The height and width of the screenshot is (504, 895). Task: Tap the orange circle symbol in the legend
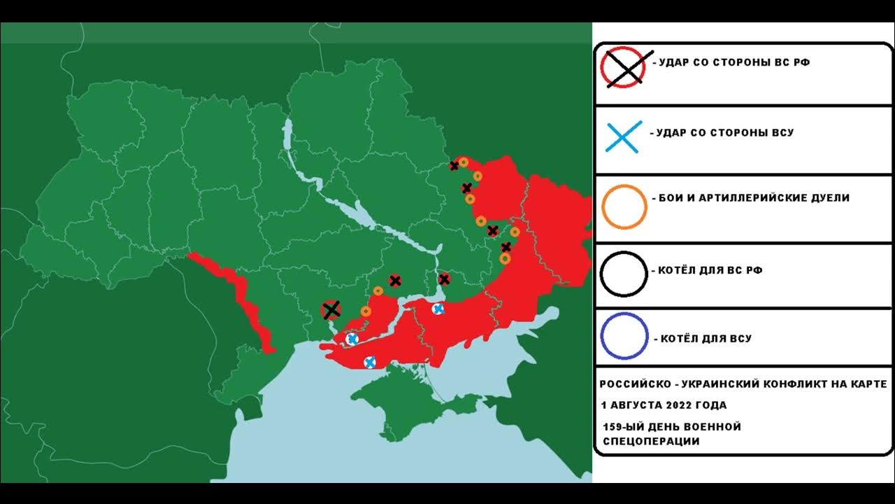click(623, 207)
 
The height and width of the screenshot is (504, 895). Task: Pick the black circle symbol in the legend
click(623, 274)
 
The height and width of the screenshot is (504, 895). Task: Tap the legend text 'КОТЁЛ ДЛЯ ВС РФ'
click(709, 270)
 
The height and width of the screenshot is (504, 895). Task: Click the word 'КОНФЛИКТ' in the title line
click(769, 384)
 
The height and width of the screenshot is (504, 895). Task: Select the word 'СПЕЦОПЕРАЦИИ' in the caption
click(650, 442)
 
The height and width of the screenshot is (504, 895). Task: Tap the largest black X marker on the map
click(331, 310)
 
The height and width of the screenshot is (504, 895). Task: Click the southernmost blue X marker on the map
click(370, 362)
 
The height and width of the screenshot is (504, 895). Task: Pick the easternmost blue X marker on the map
click(438, 309)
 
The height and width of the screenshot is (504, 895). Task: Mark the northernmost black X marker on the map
click(454, 166)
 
